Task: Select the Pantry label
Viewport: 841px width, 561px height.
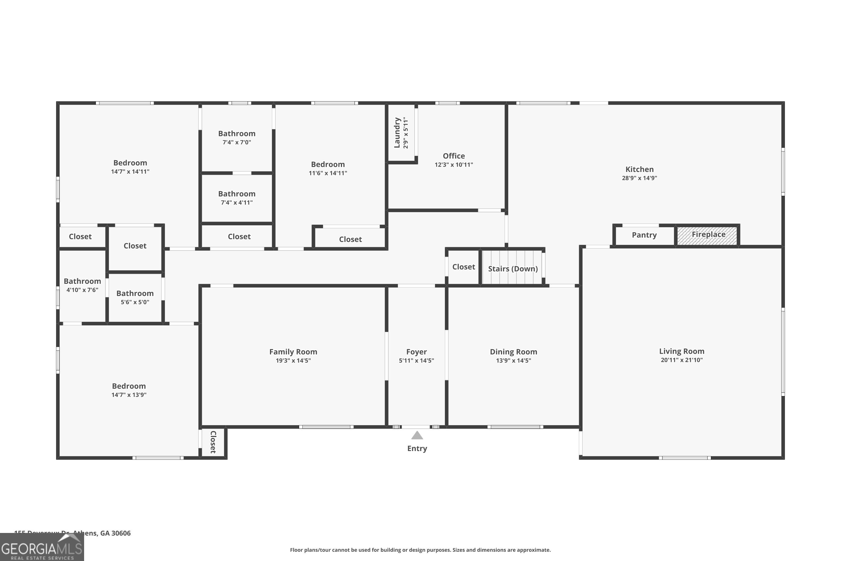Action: click(644, 235)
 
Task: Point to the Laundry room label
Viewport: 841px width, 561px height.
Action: click(397, 133)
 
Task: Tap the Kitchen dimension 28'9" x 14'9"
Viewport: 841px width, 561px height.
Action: click(639, 178)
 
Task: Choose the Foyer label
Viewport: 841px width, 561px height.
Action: click(416, 352)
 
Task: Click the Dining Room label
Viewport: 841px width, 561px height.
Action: click(513, 352)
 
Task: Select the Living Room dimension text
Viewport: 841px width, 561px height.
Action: click(681, 360)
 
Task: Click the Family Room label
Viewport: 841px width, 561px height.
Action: click(293, 352)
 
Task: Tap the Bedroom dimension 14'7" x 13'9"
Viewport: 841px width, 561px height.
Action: click(129, 395)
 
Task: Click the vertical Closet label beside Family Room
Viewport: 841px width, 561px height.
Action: click(213, 442)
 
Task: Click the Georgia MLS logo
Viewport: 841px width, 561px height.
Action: click(42, 548)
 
